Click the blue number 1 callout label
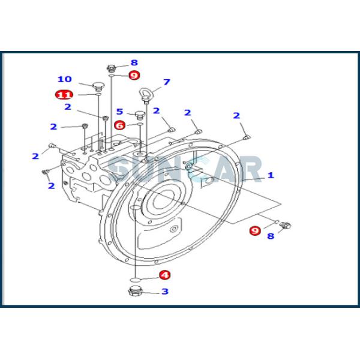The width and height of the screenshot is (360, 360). click(271, 175)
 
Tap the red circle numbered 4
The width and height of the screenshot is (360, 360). click(164, 275)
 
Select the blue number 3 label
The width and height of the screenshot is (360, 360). click(164, 292)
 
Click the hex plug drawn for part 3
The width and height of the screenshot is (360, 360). click(136, 292)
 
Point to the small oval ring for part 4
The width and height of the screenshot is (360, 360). click(136, 278)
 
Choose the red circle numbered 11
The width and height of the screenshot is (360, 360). click(64, 94)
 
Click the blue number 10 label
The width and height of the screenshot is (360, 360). click(64, 79)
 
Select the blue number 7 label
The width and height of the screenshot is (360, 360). click(166, 82)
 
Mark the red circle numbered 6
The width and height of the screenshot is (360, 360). click(120, 125)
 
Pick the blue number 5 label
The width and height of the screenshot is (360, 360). click(120, 111)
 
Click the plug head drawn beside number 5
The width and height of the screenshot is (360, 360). click(140, 114)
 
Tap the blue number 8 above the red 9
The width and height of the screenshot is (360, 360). click(134, 62)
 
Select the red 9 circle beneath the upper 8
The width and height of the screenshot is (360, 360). click(133, 75)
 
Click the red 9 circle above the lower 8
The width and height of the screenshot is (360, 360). click(256, 230)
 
